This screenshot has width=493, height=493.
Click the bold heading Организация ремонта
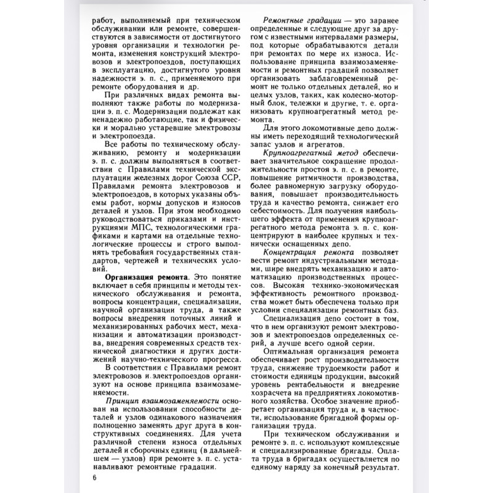[x=146, y=278]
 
